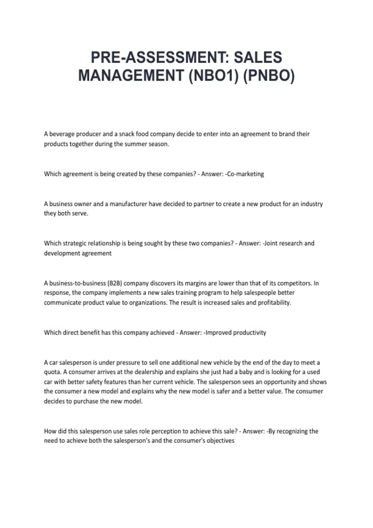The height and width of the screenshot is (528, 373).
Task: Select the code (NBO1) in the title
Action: click(x=213, y=75)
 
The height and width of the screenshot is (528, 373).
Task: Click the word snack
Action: click(x=127, y=134)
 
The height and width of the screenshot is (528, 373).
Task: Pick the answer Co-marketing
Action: click(x=245, y=174)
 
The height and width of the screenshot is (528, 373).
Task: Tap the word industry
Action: click(x=311, y=204)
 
